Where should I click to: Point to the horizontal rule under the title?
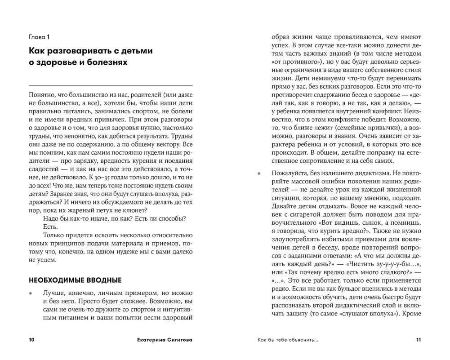point(111,85)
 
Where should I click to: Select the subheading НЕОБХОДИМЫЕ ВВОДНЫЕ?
point(75,280)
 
